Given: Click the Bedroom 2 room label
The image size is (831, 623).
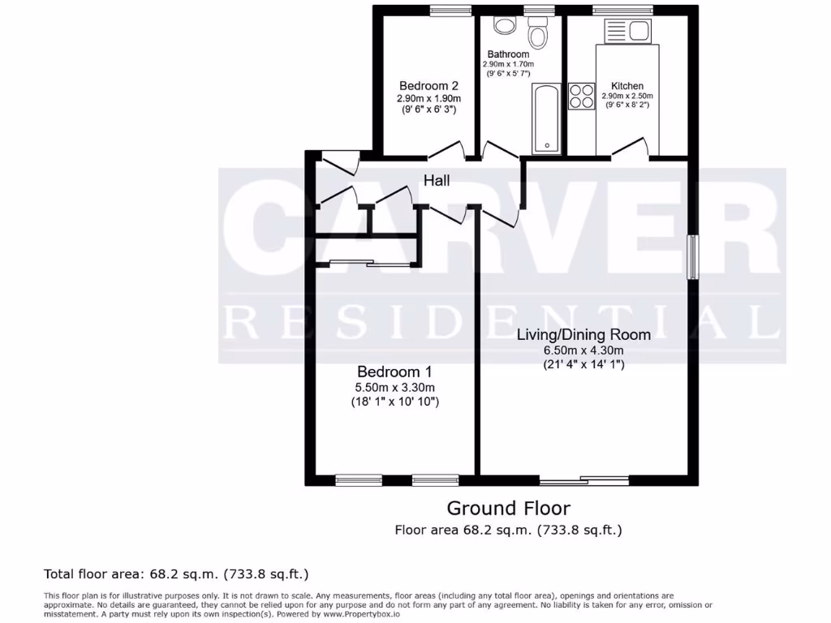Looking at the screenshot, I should click(429, 86).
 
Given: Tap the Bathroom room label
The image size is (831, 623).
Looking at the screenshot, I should click(509, 54).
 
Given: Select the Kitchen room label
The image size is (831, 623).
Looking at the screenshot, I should click(627, 86).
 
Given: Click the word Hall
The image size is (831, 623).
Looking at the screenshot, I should click(437, 181).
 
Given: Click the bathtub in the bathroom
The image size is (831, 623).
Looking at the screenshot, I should click(547, 118).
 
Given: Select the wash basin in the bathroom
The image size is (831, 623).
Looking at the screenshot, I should click(504, 25).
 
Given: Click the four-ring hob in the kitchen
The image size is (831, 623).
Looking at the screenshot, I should click(580, 97).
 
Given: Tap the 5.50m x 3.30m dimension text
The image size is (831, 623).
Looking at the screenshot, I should click(393, 387).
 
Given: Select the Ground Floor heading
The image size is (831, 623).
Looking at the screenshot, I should click(509, 509).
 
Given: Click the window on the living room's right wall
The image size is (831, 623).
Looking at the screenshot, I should click(693, 257).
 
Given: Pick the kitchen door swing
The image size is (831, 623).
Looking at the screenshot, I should click(631, 148).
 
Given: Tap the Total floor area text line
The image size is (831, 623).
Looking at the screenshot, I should click(176, 574).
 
